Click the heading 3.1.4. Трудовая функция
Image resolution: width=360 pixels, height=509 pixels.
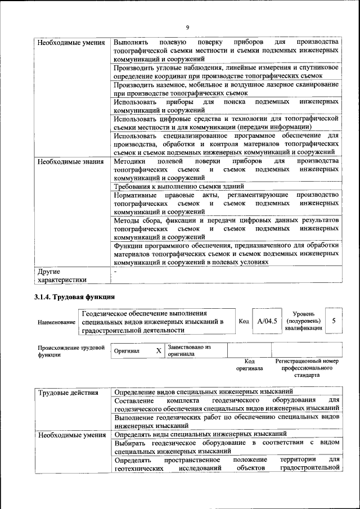pyautogui.click(x=74, y=296)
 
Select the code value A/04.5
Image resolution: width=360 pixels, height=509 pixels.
pyautogui.click(x=267, y=321)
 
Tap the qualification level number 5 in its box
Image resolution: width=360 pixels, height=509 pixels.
pyautogui.click(x=334, y=321)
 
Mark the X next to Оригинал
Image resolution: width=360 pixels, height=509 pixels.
pyautogui.click(x=159, y=351)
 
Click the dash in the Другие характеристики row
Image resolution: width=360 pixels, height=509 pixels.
pyautogui.click(x=115, y=272)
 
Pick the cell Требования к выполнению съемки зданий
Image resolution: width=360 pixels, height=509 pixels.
pyautogui.click(x=178, y=186)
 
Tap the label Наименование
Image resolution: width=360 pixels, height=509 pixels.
pyautogui.click(x=57, y=322)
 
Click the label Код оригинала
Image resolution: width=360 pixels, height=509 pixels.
pyautogui.click(x=250, y=364)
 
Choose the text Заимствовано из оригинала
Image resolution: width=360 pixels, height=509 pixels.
pyautogui.click(x=189, y=351)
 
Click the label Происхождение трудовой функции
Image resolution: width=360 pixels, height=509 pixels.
pyautogui.click(x=71, y=351)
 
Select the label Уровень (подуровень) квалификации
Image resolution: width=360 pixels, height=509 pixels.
pyautogui.click(x=303, y=321)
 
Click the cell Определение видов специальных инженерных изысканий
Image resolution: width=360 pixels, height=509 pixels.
pyautogui.click(x=203, y=391)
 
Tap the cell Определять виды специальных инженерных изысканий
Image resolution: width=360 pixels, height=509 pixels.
pyautogui.click(x=201, y=434)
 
